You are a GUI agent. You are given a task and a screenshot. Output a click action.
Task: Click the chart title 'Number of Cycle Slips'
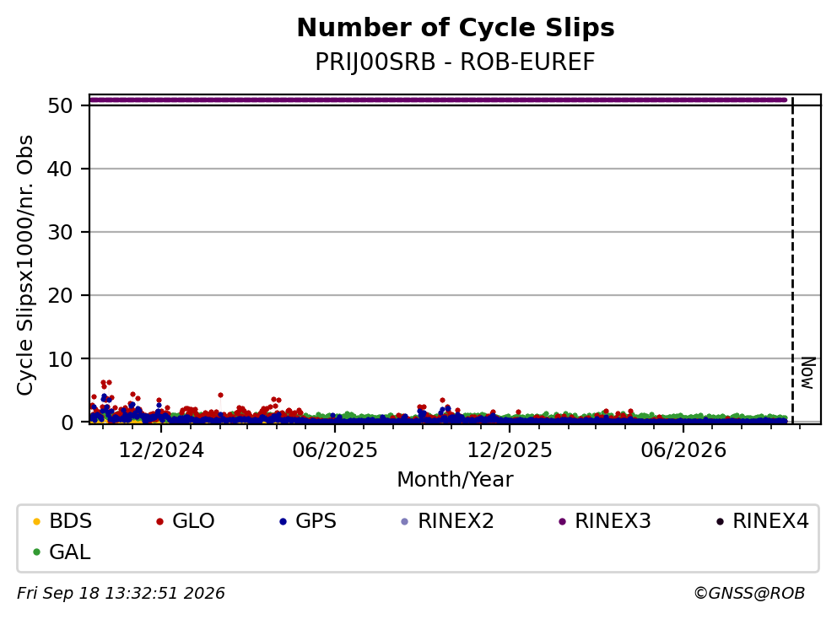pyautogui.click(x=456, y=28)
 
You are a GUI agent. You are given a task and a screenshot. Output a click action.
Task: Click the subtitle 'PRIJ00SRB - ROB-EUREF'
pyautogui.click(x=455, y=62)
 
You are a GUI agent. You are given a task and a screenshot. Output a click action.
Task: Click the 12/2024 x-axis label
pyautogui.click(x=161, y=450)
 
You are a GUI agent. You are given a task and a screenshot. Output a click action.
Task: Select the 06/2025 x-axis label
pyautogui.click(x=335, y=450)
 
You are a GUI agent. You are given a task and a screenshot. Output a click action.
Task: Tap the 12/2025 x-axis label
pyautogui.click(x=510, y=450)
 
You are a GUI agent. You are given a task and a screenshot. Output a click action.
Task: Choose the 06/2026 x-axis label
pyautogui.click(x=683, y=450)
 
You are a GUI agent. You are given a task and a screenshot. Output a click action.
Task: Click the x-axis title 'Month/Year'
pyautogui.click(x=455, y=480)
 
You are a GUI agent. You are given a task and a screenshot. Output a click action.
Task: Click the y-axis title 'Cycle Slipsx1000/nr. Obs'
pyautogui.click(x=24, y=265)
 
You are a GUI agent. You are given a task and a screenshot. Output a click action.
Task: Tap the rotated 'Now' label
pyautogui.click(x=808, y=373)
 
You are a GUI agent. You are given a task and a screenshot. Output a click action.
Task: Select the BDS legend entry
pyautogui.click(x=62, y=521)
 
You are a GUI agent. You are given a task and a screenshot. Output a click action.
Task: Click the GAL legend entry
pyautogui.click(x=62, y=552)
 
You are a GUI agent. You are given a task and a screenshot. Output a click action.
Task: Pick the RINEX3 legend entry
pyautogui.click(x=605, y=521)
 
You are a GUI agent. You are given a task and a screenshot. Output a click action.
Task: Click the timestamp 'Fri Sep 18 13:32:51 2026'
pyautogui.click(x=121, y=594)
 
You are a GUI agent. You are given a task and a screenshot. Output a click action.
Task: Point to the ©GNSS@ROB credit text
pyautogui.click(x=749, y=594)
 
